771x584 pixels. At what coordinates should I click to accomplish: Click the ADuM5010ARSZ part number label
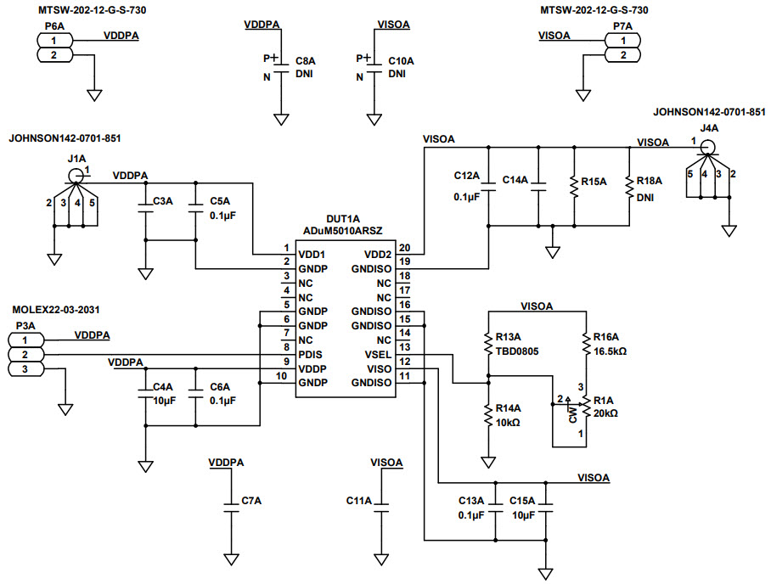point(345,231)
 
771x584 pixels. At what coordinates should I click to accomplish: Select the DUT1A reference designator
point(345,218)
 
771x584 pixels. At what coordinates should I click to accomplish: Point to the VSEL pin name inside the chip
point(378,354)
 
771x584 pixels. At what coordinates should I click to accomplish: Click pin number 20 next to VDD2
point(404,248)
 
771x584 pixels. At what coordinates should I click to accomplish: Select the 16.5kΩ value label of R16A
point(610,351)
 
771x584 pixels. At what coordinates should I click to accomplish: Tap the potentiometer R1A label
point(604,400)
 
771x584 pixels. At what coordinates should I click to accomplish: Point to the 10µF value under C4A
point(165,401)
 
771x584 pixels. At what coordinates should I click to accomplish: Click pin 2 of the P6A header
point(54,55)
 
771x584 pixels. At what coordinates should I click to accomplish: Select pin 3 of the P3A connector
point(25,369)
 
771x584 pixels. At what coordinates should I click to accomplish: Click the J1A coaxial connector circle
point(76,176)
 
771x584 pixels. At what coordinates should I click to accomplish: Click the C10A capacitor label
point(401,62)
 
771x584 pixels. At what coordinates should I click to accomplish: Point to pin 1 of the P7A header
point(624,40)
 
